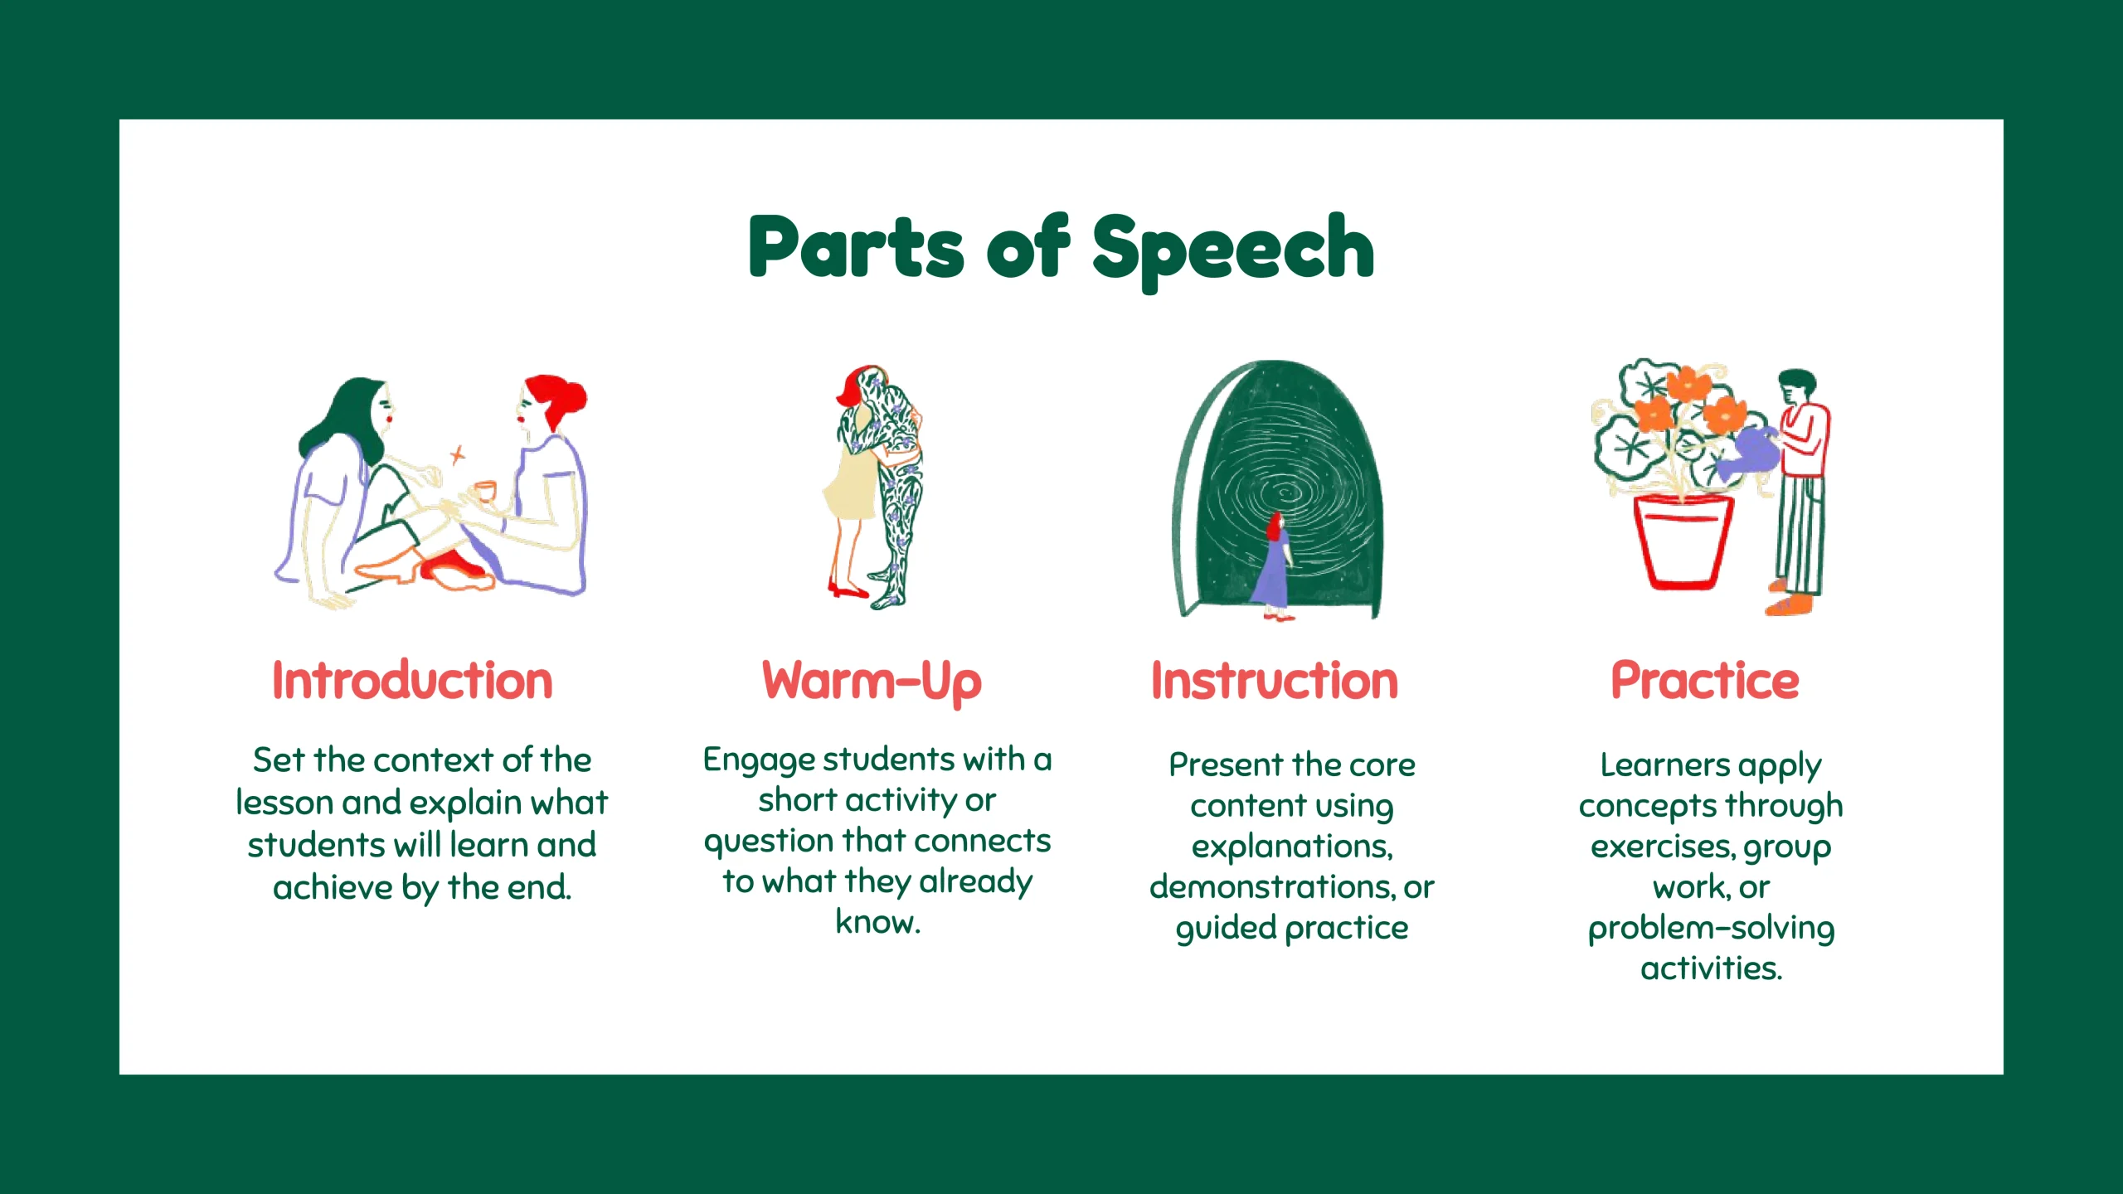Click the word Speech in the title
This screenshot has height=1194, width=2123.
(x=1233, y=251)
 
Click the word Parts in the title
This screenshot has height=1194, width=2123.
(x=856, y=246)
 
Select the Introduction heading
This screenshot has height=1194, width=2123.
(x=412, y=681)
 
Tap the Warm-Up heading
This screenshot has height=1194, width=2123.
(x=872, y=683)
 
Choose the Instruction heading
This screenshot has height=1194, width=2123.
(x=1275, y=681)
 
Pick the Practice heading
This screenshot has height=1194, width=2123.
(x=1705, y=681)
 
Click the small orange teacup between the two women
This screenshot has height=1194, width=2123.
(x=483, y=491)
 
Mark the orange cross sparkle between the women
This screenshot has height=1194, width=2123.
(x=457, y=455)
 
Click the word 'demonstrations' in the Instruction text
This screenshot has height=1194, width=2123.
(x=1270, y=886)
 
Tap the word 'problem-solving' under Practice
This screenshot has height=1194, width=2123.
(x=1711, y=929)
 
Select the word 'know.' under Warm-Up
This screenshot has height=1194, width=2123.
(x=877, y=921)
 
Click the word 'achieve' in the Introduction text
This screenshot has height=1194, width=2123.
(x=333, y=887)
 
